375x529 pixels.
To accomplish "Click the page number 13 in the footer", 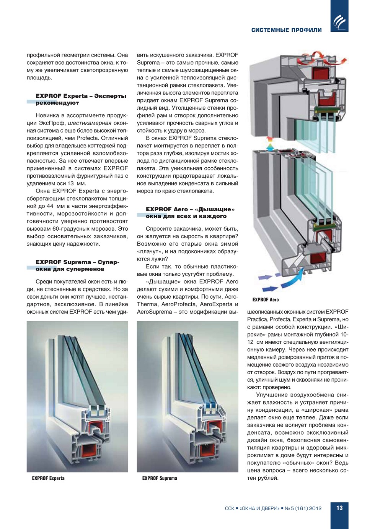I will pos(339,508).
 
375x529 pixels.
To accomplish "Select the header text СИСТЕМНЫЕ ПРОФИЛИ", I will pos(286,30).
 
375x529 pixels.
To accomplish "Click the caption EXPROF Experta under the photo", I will pos(48,478).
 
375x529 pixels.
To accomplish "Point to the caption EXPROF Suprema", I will pos(160,478).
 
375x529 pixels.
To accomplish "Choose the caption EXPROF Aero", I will pos(266,300).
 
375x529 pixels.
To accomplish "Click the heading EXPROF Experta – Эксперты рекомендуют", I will pos(81,99).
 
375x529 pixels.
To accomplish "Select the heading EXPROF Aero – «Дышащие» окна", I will pos(190,213).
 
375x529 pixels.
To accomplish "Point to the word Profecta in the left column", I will pos(87,138).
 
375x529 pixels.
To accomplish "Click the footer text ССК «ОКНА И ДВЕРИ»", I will pos(252,508).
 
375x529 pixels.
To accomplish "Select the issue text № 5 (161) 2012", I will pos(303,508).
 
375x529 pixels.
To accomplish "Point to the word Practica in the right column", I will pos(257,319).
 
